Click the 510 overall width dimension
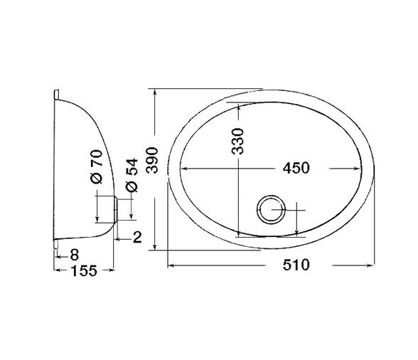[296, 265]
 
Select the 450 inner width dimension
[296, 169]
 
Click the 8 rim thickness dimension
[73, 254]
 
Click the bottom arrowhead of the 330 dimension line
[238, 233]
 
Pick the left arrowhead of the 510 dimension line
[170, 265]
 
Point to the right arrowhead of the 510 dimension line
[373, 265]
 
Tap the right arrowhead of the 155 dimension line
[114, 271]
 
